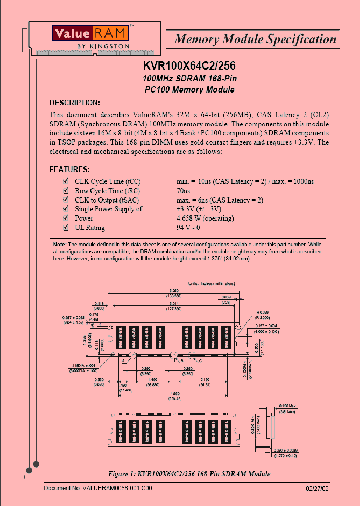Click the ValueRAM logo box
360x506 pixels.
pos(91,33)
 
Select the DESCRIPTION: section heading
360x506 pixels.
pos(75,103)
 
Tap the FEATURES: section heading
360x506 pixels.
pos(70,169)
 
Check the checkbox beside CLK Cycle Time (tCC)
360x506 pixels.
pos(65,182)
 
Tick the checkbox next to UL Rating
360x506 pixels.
pos(65,228)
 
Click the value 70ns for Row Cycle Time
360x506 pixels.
pos(183,191)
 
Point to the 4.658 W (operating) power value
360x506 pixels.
pos(205,218)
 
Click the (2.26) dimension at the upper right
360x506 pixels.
pos(227,301)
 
